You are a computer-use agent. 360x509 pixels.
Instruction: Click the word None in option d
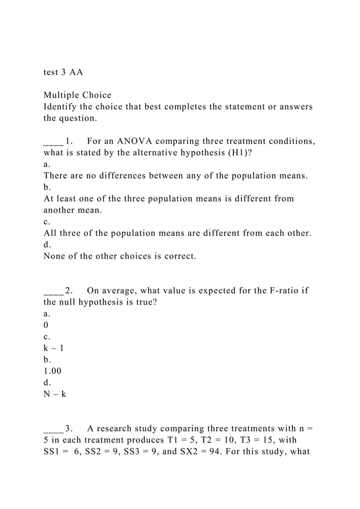[55, 256]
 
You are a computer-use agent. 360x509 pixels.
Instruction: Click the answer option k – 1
[54, 348]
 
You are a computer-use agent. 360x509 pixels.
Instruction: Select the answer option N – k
[55, 394]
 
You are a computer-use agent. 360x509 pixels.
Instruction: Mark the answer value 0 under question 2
[46, 325]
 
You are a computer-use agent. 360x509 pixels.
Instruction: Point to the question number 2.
[68, 291]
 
